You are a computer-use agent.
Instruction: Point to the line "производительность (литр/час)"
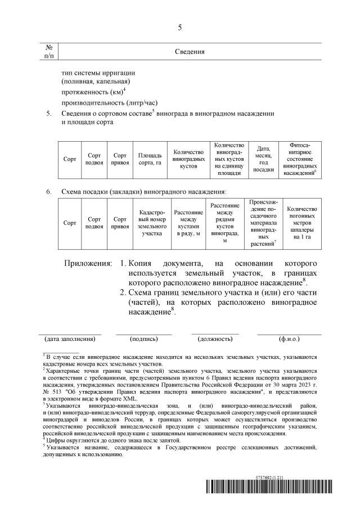tap(109, 102)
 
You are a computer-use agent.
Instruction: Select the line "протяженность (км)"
tap(93, 92)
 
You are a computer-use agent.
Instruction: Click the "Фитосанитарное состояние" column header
tap(300, 159)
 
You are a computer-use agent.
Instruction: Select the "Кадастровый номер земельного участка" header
tap(148, 223)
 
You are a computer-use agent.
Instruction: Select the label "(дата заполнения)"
tap(70, 339)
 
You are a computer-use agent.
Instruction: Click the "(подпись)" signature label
tap(143, 339)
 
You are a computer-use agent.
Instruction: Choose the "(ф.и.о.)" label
tap(289, 339)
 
